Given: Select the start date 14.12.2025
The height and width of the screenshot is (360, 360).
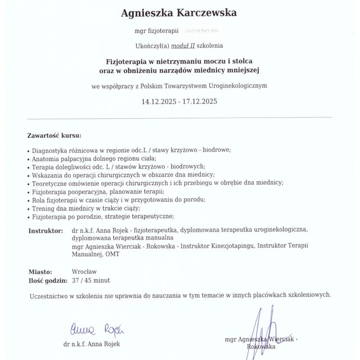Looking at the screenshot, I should point(159,102).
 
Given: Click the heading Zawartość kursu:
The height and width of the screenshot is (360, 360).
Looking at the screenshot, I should point(55,136).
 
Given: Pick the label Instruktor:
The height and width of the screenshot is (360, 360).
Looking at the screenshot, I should point(46,231).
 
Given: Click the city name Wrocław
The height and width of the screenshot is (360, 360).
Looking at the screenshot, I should point(85,271).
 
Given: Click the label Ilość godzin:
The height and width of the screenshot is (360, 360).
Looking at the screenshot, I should point(48,280).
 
